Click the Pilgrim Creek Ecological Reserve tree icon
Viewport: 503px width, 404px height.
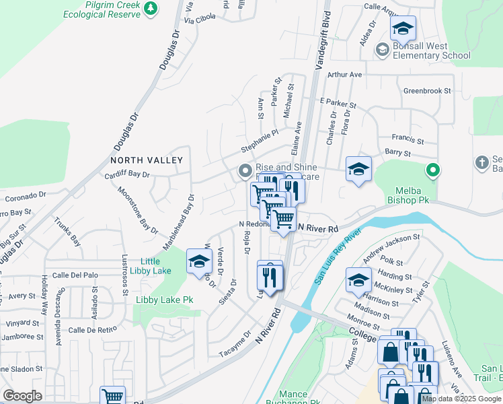pos(152,7)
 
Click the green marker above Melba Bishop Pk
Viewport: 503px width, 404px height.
pos(434,170)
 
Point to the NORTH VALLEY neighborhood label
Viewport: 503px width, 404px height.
pos(147,160)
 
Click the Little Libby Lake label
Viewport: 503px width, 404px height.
pos(155,266)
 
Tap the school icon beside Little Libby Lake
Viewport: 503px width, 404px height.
pos(199,263)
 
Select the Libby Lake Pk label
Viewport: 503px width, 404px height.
pos(164,299)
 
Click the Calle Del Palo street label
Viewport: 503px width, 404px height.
pos(75,275)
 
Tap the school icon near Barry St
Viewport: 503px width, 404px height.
pos(358,169)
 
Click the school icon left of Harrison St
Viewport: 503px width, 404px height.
pos(358,280)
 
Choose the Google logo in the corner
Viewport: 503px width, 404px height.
pos(22,396)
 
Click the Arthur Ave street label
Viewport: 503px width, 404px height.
pos(344,75)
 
